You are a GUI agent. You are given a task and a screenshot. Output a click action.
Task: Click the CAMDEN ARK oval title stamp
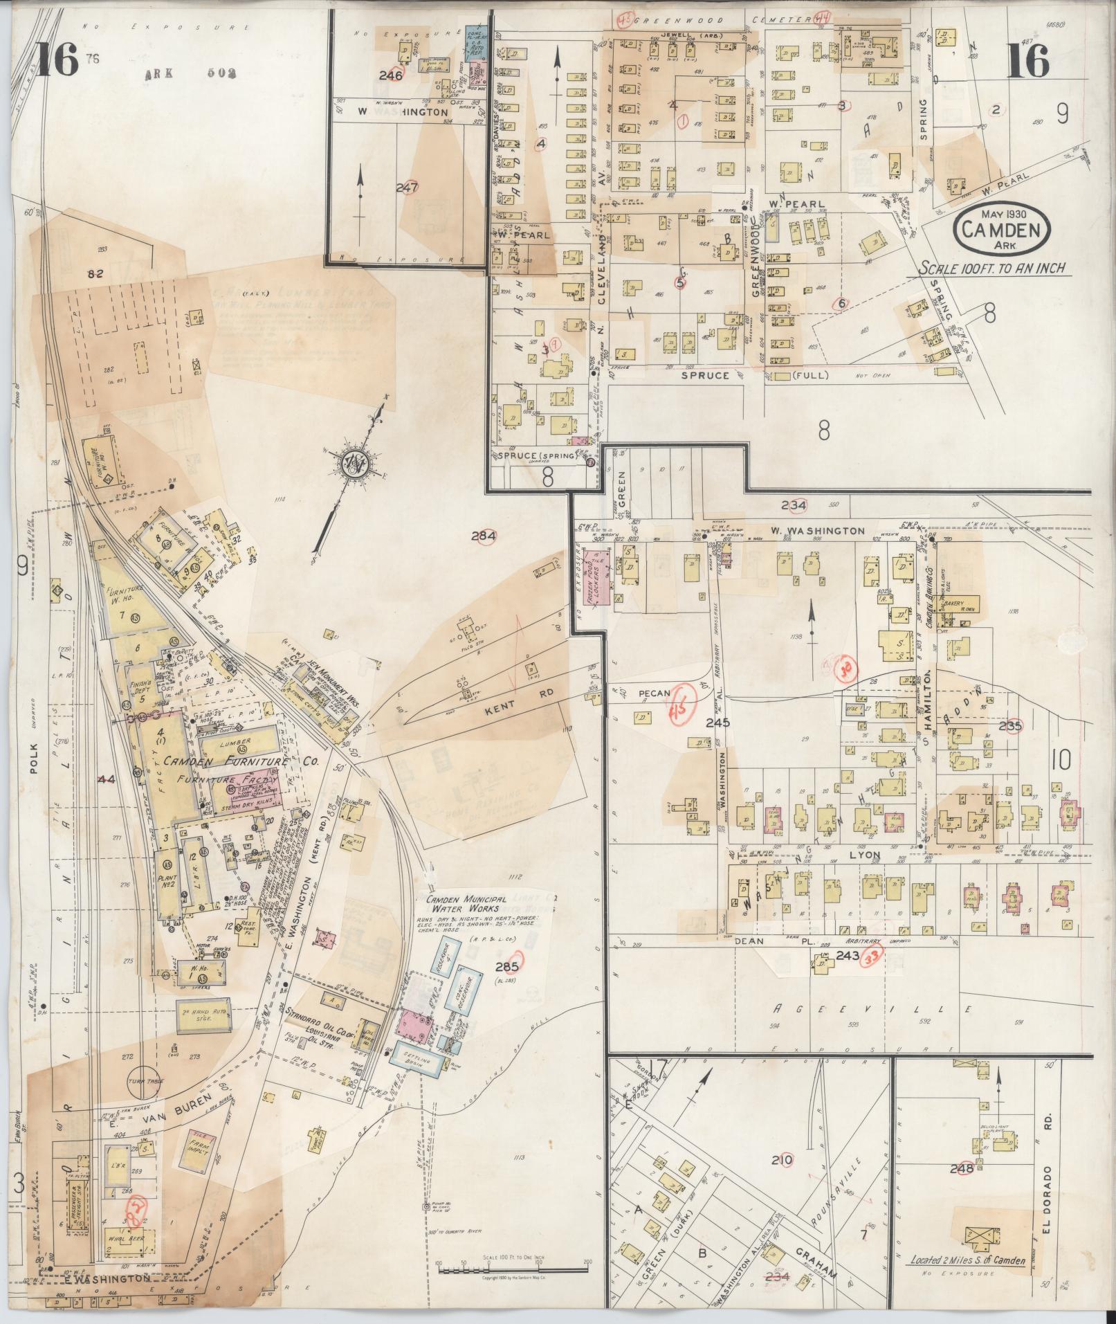1001,230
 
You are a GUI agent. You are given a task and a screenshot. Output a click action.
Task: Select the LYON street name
866,855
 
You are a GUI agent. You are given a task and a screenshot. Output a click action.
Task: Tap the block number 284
483,536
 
